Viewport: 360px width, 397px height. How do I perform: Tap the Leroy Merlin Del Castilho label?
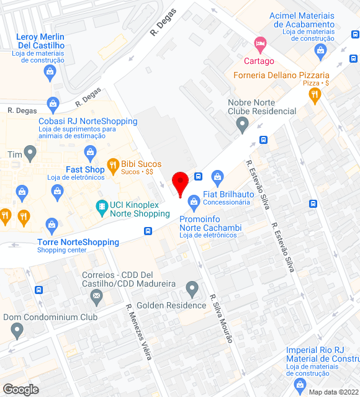(41, 42)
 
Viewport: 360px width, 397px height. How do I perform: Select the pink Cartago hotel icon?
(259, 44)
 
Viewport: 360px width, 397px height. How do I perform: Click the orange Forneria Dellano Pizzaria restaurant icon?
(315, 94)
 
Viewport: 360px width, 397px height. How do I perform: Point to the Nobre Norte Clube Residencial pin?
(243, 126)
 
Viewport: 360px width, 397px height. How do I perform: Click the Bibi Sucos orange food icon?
(112, 166)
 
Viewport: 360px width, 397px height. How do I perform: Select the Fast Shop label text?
(85, 169)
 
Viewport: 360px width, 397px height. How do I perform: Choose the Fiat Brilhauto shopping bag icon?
(217, 177)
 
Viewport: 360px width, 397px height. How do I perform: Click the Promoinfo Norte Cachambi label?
(210, 223)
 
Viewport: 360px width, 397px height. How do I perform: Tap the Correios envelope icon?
(96, 297)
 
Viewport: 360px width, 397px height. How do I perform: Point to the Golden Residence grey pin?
(192, 288)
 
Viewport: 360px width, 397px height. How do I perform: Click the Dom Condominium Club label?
(50, 317)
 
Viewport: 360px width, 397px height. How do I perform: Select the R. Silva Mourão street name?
(221, 318)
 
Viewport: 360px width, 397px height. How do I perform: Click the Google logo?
(20, 390)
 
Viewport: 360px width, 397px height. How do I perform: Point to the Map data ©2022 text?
(334, 392)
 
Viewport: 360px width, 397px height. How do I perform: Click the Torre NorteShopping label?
(78, 242)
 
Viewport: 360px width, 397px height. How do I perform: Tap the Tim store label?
(14, 154)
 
